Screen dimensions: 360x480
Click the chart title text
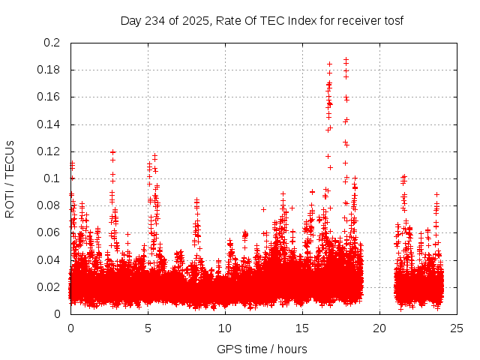point(262,20)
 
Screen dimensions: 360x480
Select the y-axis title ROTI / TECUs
point(10,178)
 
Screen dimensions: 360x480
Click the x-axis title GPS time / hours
point(262,349)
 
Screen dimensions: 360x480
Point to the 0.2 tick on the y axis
point(52,43)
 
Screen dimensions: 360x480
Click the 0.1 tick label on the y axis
point(52,178)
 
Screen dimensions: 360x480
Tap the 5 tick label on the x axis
point(148,328)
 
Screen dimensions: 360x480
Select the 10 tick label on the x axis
point(225,328)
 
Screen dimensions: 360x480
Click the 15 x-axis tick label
point(302,328)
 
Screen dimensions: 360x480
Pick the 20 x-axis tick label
point(379,328)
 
